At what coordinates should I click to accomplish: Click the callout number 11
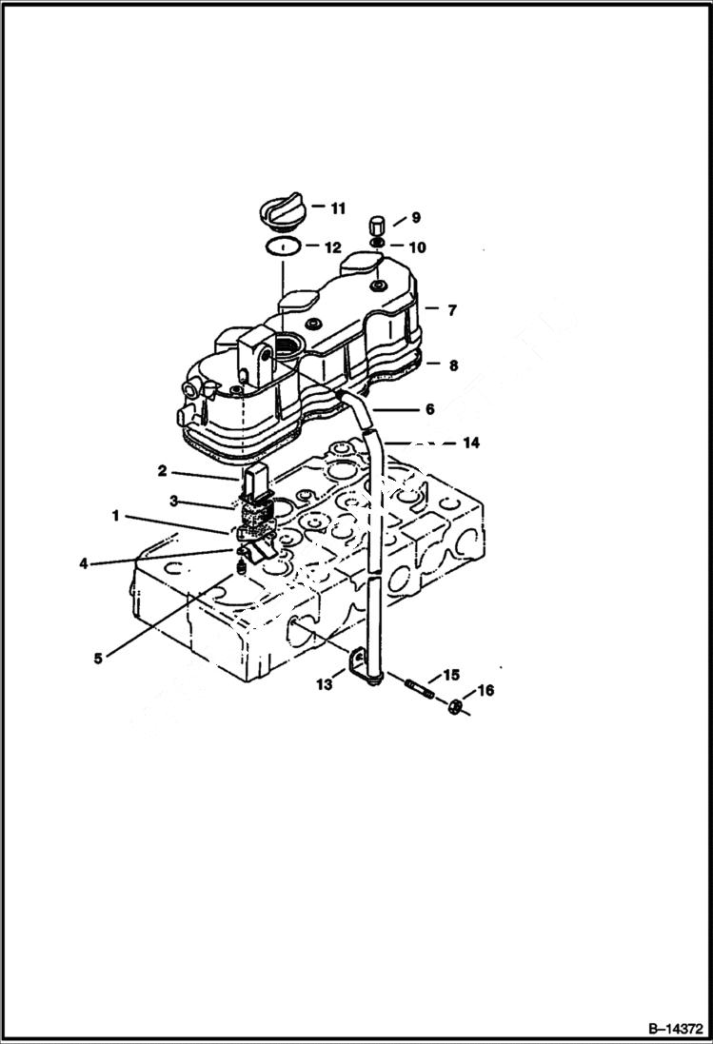click(x=338, y=207)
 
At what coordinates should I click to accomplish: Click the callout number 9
click(x=415, y=217)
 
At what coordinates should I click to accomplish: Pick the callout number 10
click(x=417, y=247)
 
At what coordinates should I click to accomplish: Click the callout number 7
click(x=452, y=310)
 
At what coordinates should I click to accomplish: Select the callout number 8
click(x=452, y=364)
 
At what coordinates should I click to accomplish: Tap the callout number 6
click(x=429, y=409)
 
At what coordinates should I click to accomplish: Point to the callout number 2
click(x=163, y=470)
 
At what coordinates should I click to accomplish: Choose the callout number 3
click(x=174, y=501)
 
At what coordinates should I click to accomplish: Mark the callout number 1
click(x=116, y=516)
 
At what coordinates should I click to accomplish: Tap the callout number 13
click(x=325, y=683)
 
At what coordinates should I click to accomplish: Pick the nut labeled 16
click(x=456, y=706)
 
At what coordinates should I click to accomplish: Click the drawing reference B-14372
click(x=675, y=1029)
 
